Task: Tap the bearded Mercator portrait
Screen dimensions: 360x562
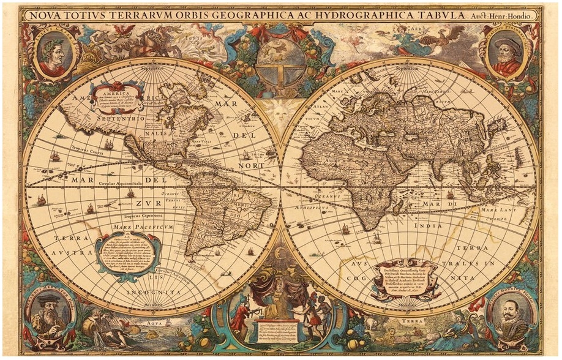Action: coord(51,312)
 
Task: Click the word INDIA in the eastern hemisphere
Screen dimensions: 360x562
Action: coord(429,226)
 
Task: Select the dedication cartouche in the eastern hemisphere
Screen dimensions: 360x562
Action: coord(405,279)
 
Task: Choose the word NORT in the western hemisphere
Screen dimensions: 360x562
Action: coord(252,165)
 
